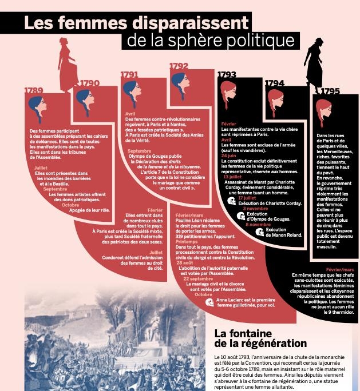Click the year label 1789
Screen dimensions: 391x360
[34, 90]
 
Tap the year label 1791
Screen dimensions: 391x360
[129, 74]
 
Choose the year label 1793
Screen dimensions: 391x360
[227, 74]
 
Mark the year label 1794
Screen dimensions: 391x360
[275, 83]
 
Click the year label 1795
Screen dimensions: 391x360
[330, 91]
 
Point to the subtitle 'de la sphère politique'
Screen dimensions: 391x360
[211, 41]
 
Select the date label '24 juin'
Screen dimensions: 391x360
[228, 155]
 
